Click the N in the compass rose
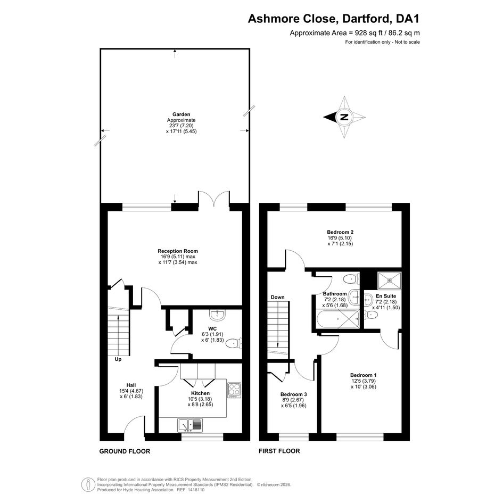point(344,117)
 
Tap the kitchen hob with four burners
point(234,390)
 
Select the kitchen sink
point(189,425)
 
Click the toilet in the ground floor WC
point(234,344)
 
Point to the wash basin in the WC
point(218,315)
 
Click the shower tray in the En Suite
point(390,280)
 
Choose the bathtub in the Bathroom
point(338,319)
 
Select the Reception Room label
point(178,251)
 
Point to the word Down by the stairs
point(277,297)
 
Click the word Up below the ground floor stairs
point(118,359)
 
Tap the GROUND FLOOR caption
point(125,451)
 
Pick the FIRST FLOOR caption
point(279,451)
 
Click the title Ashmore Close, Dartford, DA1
point(334,19)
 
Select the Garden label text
point(182,114)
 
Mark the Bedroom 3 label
point(293,394)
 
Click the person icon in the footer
point(88,484)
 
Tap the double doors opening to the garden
point(214,197)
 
